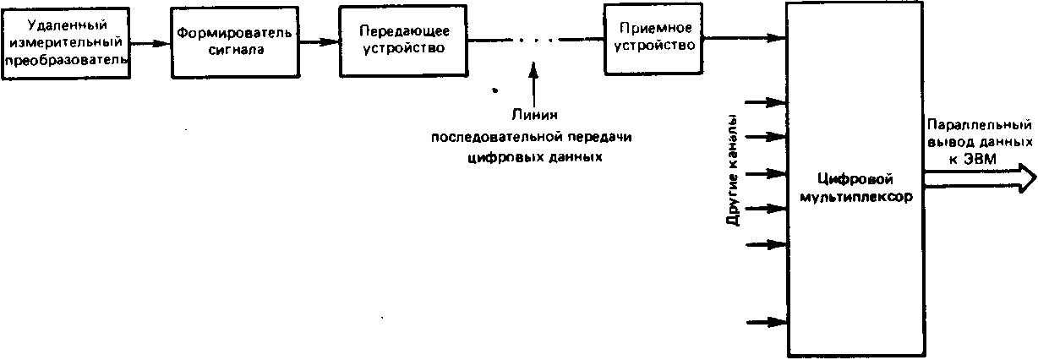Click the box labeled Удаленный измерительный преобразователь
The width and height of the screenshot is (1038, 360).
point(66,44)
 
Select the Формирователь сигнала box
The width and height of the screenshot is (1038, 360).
point(235,42)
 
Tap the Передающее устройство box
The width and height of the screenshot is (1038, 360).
point(403,41)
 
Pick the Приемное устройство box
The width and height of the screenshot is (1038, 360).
point(653,39)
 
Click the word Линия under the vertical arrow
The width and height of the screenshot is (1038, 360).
point(534,115)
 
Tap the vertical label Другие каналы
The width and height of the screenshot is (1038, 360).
point(733,170)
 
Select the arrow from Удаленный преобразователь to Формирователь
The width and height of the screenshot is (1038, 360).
point(150,44)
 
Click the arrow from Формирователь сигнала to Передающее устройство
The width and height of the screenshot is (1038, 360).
point(320,42)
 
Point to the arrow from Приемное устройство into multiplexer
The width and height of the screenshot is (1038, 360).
point(745,38)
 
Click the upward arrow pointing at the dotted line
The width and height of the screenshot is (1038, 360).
point(534,85)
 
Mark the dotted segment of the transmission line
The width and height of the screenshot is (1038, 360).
point(536,41)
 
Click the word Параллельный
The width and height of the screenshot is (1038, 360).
point(980,125)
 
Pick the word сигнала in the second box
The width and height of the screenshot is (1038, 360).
point(236,50)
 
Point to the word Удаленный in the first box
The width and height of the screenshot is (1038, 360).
point(67,25)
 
